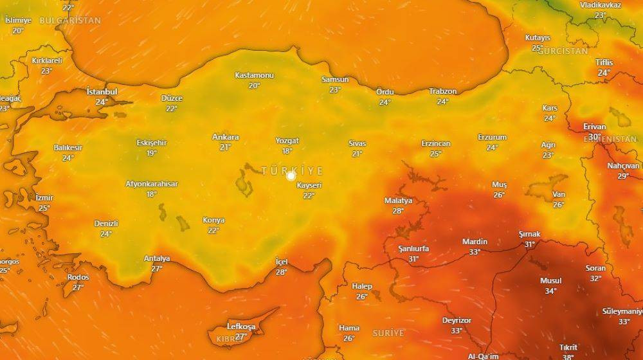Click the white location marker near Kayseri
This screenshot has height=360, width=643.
(291, 175)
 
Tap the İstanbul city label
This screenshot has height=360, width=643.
(102, 92)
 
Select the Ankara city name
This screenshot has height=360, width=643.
(225, 137)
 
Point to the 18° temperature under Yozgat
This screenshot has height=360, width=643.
(287, 151)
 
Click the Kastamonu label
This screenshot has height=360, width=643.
(254, 75)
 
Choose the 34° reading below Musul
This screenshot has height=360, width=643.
(550, 291)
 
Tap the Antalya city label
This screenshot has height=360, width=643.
(157, 258)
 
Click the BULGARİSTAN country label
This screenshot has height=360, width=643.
(70, 21)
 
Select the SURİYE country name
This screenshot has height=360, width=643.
(388, 333)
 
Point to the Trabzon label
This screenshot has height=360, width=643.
(442, 91)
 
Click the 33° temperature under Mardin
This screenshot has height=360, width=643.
(475, 252)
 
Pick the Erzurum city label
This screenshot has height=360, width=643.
(492, 137)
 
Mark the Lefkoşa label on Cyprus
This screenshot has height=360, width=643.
(241, 327)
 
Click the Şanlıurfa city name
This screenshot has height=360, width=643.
(413, 249)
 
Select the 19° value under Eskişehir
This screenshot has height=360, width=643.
(151, 153)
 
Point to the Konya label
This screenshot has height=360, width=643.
(213, 220)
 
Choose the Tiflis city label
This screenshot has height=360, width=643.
(604, 62)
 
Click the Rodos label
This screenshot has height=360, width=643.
(78, 277)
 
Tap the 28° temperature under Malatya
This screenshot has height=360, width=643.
(398, 211)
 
